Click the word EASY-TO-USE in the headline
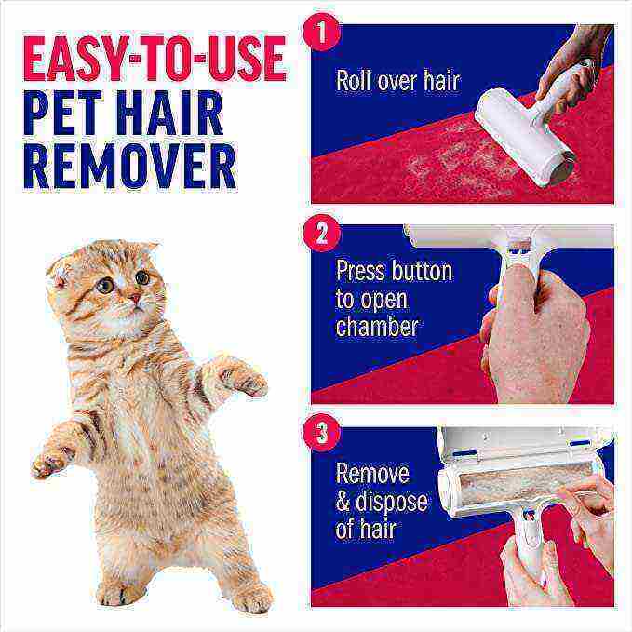click(x=154, y=60)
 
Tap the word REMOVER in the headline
click(x=129, y=166)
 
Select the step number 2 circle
click(x=322, y=233)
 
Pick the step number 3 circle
click(x=322, y=434)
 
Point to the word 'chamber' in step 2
click(x=377, y=328)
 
